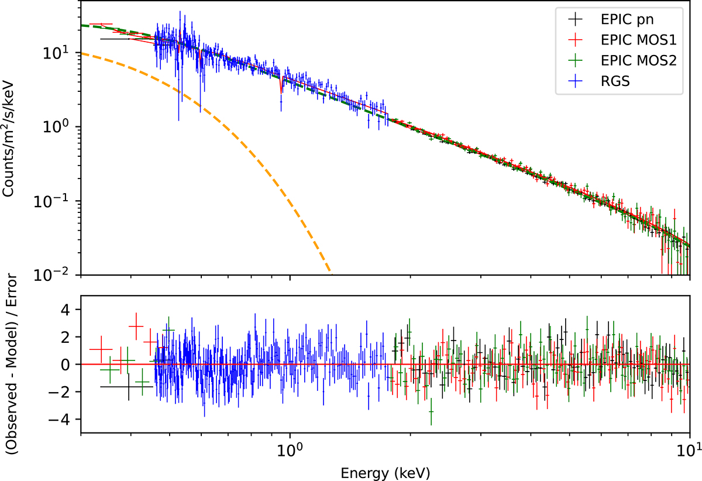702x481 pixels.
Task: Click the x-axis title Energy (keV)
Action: (385, 470)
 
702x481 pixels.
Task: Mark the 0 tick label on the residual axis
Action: (68, 365)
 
